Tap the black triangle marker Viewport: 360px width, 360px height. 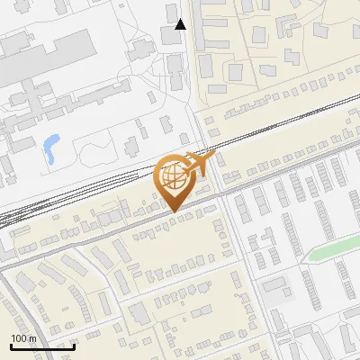(181, 24)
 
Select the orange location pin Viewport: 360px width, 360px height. (173, 180)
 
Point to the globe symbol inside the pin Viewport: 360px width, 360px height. (173, 175)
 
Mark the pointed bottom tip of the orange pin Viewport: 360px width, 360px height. (173, 211)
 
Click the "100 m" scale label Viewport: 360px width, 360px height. (23, 338)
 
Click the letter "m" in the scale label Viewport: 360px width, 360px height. (31, 338)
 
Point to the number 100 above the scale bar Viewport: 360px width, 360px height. (19, 338)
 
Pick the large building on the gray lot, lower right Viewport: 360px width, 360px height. (275, 286)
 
